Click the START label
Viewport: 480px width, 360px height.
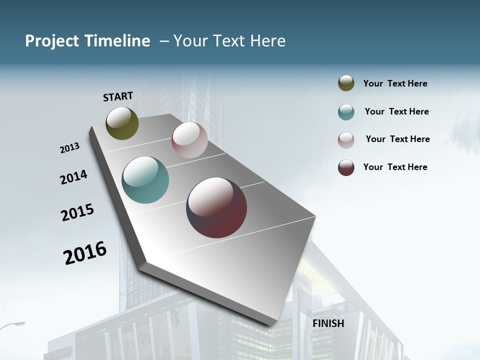tap(118, 96)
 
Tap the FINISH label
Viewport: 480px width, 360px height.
tap(328, 323)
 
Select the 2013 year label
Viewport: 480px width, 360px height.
tap(69, 148)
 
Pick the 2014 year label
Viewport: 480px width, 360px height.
tap(73, 177)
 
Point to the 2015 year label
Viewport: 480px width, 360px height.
tap(77, 212)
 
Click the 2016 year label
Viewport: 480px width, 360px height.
tap(85, 253)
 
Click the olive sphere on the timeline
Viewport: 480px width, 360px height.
tap(122, 123)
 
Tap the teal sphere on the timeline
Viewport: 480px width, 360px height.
tap(145, 180)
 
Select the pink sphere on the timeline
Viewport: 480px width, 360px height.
tap(189, 140)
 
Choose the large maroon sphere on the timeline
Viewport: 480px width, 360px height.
tap(216, 207)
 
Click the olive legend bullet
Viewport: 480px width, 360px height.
tap(346, 83)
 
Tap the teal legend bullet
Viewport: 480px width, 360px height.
tap(346, 112)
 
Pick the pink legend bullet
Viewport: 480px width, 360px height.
tap(346, 140)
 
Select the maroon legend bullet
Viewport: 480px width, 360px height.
tap(346, 167)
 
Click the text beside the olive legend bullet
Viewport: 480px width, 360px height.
tap(395, 84)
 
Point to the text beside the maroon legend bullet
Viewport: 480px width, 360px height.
tap(395, 167)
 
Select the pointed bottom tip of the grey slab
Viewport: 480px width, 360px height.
tap(272, 325)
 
